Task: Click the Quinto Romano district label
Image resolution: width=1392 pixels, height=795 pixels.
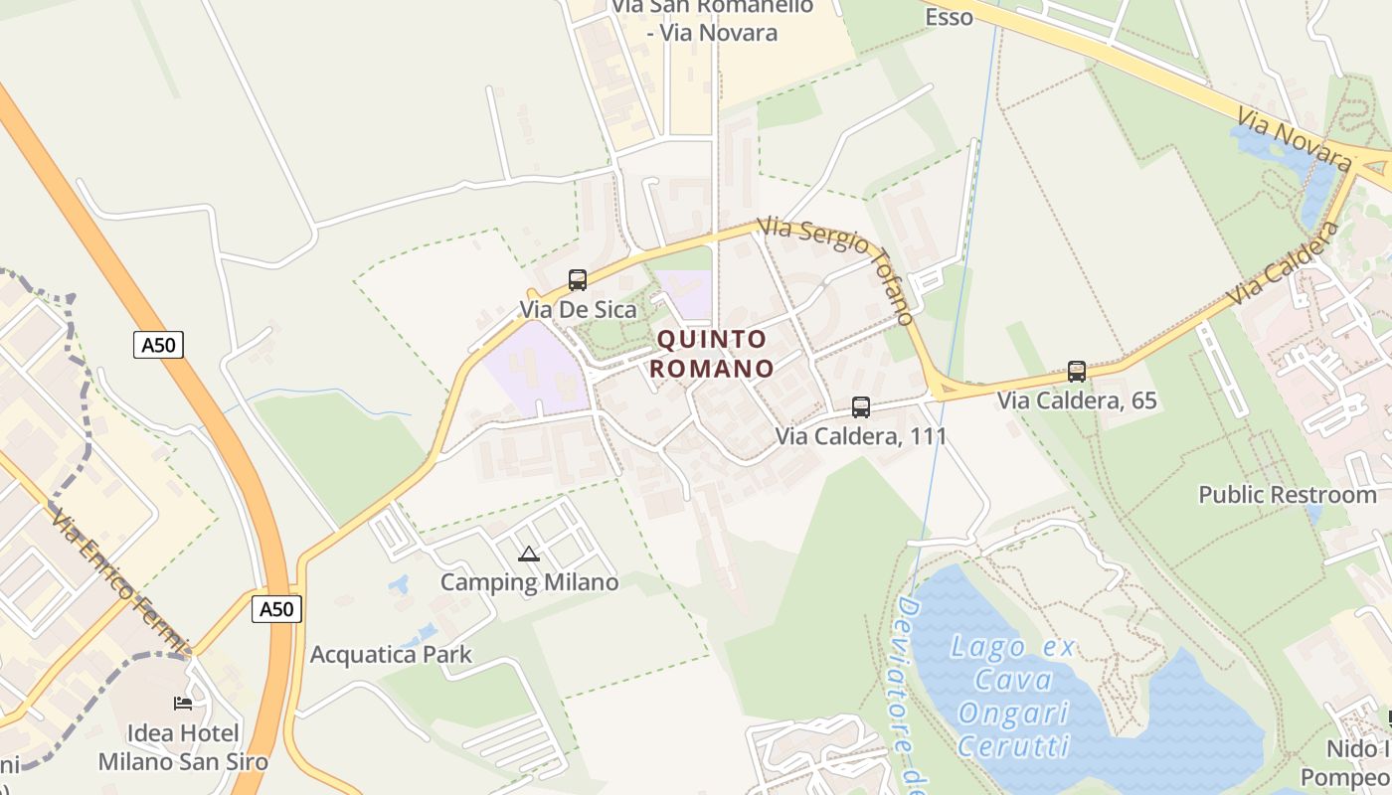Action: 714,354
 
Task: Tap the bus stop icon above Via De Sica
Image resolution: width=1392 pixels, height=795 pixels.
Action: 578,280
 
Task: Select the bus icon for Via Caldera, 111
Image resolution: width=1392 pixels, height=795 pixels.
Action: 861,407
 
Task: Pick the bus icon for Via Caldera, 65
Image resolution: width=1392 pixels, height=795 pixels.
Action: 1077,372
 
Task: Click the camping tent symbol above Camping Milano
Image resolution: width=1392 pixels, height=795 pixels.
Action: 529,554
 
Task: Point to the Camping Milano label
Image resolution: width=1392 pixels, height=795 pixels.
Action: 529,582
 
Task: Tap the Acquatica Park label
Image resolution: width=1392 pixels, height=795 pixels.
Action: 391,655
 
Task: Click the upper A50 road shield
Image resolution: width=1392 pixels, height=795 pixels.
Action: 159,345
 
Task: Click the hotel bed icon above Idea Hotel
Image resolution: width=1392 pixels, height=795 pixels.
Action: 183,704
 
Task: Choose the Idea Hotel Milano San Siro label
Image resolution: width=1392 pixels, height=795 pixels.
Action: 183,748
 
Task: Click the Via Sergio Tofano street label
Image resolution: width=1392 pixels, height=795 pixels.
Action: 837,268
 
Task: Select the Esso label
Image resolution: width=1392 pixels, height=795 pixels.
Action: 949,17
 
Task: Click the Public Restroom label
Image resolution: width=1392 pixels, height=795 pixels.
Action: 1287,495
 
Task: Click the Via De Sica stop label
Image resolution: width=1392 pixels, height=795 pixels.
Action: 578,309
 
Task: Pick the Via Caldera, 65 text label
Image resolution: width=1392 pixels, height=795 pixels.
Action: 1078,400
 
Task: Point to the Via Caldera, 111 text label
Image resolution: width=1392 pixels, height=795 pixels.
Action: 861,436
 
